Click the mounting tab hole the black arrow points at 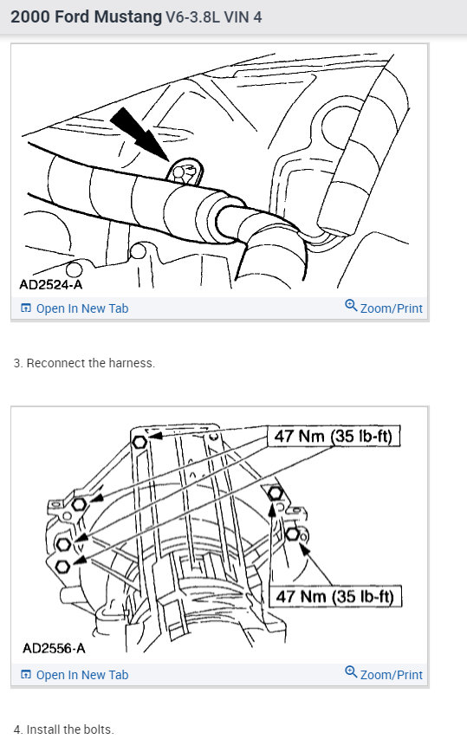(179, 173)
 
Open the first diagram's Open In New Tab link (81, 308)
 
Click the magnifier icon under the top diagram (351, 306)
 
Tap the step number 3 (17, 363)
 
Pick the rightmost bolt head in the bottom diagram (292, 534)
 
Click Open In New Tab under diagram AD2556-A (81, 675)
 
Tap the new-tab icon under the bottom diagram (25, 675)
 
